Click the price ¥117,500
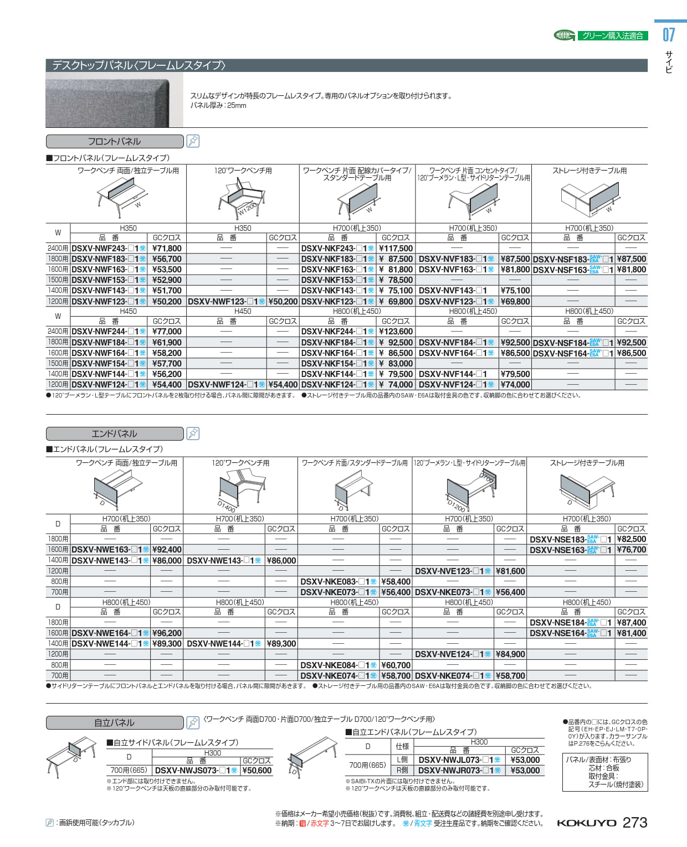396,249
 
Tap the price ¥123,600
396,332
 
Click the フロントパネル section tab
114,141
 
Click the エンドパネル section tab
114,433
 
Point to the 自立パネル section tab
114,722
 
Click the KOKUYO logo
586,823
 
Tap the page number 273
635,823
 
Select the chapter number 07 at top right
669,35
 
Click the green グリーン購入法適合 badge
612,35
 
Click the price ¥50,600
257,771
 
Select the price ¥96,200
167,633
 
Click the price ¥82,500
631,539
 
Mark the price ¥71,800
167,249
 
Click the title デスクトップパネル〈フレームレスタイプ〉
139,65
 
